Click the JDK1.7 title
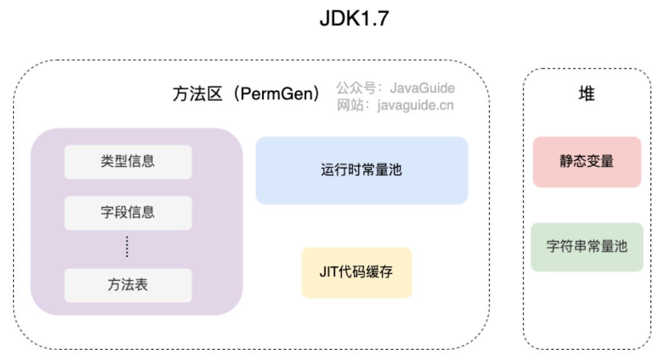(354, 19)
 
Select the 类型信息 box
(128, 162)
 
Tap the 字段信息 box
(128, 213)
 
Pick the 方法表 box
(128, 285)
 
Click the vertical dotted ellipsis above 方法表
(127, 247)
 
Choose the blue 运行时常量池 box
(362, 170)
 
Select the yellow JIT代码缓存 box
(357, 272)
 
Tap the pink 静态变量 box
(587, 162)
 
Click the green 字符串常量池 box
(587, 247)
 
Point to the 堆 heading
(587, 94)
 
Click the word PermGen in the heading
(276, 94)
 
